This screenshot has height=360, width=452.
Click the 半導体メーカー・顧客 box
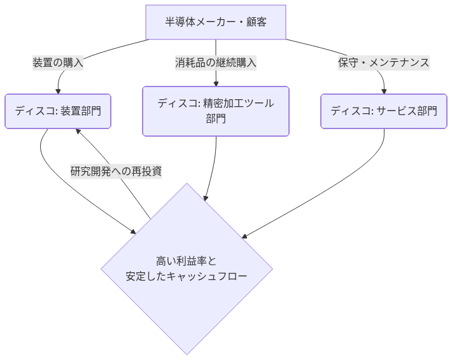pyautogui.click(x=215, y=22)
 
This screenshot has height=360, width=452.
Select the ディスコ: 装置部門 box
pyautogui.click(x=58, y=111)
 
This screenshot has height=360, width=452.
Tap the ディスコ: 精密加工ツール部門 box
pyautogui.click(x=215, y=111)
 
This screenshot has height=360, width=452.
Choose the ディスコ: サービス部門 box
pyautogui.click(x=384, y=111)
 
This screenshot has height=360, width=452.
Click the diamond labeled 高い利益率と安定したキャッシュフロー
pyautogui.click(x=187, y=268)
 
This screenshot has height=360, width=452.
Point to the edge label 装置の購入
pyautogui.click(x=58, y=62)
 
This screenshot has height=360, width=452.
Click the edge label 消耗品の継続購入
pyautogui.click(x=215, y=62)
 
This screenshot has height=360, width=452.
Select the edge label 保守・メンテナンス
pyautogui.click(x=384, y=62)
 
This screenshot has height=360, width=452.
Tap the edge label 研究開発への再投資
pyautogui.click(x=116, y=171)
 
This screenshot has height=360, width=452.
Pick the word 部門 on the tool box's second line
pyautogui.click(x=215, y=119)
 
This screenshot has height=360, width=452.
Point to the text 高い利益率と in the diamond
pyautogui.click(x=187, y=261)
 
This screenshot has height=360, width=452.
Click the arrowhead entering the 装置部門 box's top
pyautogui.click(x=58, y=90)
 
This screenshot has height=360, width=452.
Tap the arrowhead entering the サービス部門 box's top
pyautogui.click(x=384, y=90)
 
